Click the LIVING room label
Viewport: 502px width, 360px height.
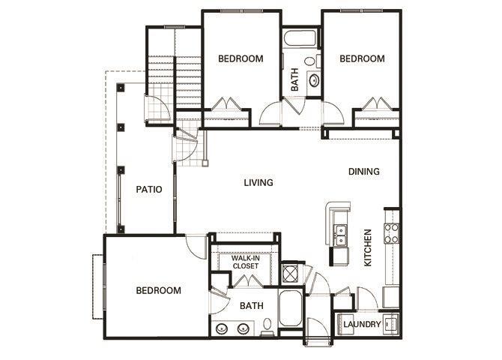(x=258, y=182)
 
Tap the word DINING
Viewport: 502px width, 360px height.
(x=364, y=171)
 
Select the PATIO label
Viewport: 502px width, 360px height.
(x=150, y=190)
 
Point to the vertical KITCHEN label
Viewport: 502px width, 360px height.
(x=368, y=248)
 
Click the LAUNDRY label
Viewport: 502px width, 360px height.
(x=362, y=325)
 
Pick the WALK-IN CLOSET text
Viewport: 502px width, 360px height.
(x=245, y=262)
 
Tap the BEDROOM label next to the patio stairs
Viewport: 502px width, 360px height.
(x=241, y=58)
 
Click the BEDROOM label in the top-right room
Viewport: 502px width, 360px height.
(x=362, y=58)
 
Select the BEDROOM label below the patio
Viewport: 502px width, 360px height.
(x=158, y=290)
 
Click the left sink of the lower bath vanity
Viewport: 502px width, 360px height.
(x=223, y=328)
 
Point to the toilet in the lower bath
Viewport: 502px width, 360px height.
(x=267, y=325)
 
